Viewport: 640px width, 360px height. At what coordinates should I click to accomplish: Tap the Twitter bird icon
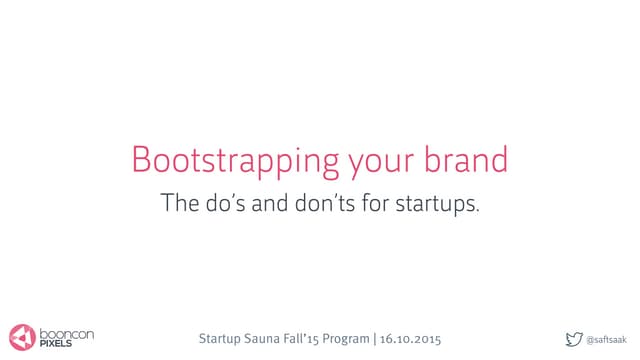(573, 338)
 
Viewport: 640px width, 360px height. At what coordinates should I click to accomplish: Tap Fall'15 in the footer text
(305, 338)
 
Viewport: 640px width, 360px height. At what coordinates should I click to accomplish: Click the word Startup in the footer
(226, 339)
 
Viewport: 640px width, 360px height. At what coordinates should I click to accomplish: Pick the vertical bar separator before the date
(373, 338)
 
